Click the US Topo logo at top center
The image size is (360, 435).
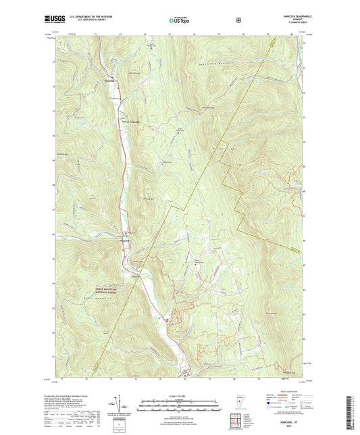point(178,21)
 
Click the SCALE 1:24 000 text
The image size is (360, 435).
point(180,396)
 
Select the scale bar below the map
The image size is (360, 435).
point(180,406)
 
